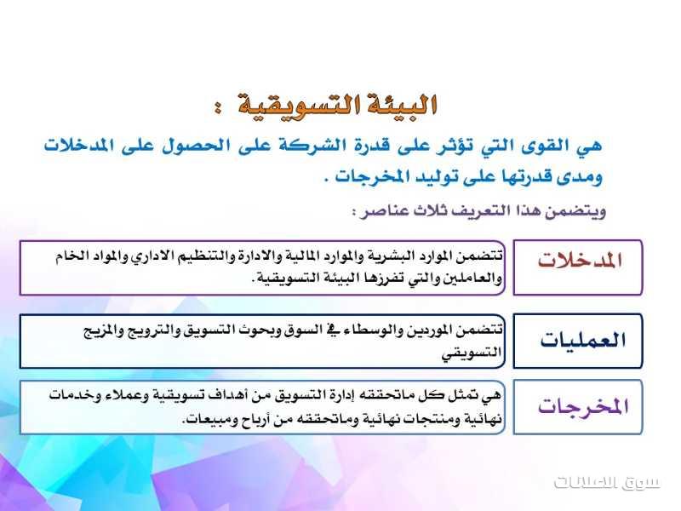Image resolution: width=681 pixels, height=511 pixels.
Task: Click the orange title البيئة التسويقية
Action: click(337, 105)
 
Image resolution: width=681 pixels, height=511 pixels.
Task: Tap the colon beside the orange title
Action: click(217, 107)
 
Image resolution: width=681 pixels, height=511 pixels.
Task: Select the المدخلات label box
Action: click(578, 267)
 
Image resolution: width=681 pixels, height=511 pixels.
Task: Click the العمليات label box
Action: click(578, 342)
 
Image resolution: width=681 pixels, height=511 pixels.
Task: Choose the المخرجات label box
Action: click(578, 407)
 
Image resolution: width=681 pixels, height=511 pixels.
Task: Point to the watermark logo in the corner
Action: click(607, 482)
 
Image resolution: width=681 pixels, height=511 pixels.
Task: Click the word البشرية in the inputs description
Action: click(392, 255)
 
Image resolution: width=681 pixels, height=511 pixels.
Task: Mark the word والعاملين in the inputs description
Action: click(472, 278)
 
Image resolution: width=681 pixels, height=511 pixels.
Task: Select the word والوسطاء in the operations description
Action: click(369, 330)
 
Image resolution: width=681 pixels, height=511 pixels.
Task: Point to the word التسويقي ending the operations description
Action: click(472, 353)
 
